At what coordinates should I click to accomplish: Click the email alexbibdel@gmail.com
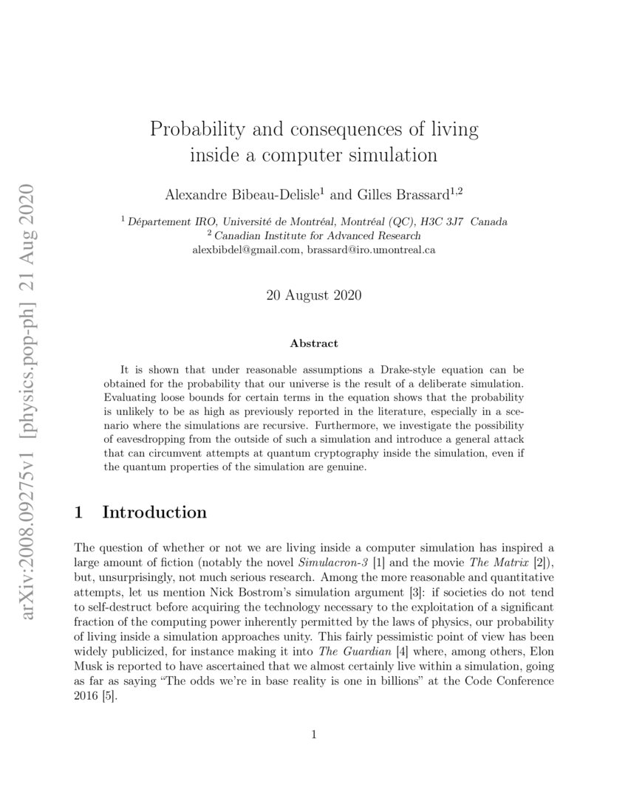click(247, 250)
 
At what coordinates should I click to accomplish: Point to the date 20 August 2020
click(314, 296)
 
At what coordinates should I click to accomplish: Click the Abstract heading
click(314, 343)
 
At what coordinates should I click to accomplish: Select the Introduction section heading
click(154, 512)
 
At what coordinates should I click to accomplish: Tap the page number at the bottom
click(314, 734)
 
